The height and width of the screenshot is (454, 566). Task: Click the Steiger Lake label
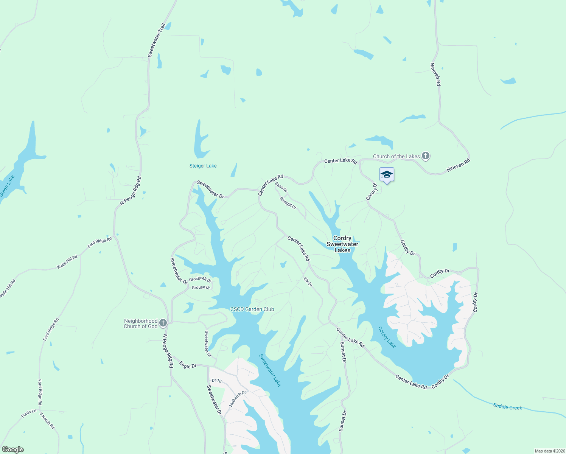[x=203, y=166]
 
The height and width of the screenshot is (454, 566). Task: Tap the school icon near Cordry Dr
[x=387, y=175]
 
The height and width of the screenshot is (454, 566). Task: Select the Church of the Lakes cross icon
[x=426, y=155]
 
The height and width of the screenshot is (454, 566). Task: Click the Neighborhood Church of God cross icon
[x=163, y=323]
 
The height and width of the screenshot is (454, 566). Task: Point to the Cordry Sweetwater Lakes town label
[x=342, y=244]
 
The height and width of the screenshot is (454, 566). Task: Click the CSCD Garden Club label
[x=252, y=309]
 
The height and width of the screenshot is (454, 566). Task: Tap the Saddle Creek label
[x=507, y=407]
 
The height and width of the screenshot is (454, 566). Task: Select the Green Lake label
[x=7, y=186]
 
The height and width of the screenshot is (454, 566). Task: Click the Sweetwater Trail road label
[x=156, y=40]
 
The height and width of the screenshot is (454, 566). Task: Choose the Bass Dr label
[x=281, y=187]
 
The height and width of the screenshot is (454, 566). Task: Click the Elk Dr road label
[x=308, y=282]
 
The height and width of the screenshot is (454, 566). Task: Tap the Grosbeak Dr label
[x=200, y=279]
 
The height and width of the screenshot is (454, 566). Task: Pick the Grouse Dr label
[x=201, y=288]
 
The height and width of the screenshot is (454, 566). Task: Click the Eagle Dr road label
[x=188, y=365]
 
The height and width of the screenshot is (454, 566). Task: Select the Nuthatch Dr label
[x=237, y=399]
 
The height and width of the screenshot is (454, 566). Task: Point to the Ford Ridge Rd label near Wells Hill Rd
[x=100, y=243]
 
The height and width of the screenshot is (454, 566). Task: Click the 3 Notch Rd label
[x=47, y=420]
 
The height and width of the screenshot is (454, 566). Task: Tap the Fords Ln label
[x=29, y=413]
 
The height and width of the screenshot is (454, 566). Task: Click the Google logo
[x=12, y=449]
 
